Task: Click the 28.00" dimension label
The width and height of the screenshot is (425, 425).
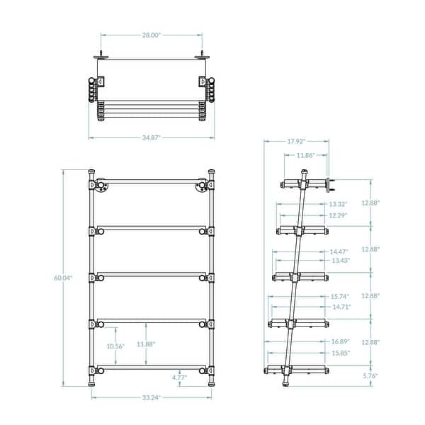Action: pos(151,34)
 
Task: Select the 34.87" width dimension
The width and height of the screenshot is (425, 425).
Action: pos(151,135)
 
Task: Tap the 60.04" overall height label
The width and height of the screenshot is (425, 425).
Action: pos(64,278)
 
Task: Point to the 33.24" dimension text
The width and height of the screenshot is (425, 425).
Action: pos(151,397)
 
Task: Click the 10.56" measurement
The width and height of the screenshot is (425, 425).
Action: pos(115,346)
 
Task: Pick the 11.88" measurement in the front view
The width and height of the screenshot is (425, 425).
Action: pos(147,344)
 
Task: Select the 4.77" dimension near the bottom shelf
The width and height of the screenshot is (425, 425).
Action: pos(179,378)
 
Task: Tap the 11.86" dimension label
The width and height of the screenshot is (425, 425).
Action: pos(306,154)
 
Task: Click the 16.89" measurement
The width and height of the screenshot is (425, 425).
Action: pos(341,342)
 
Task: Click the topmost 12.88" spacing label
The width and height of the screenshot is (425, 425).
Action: pos(371,203)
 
